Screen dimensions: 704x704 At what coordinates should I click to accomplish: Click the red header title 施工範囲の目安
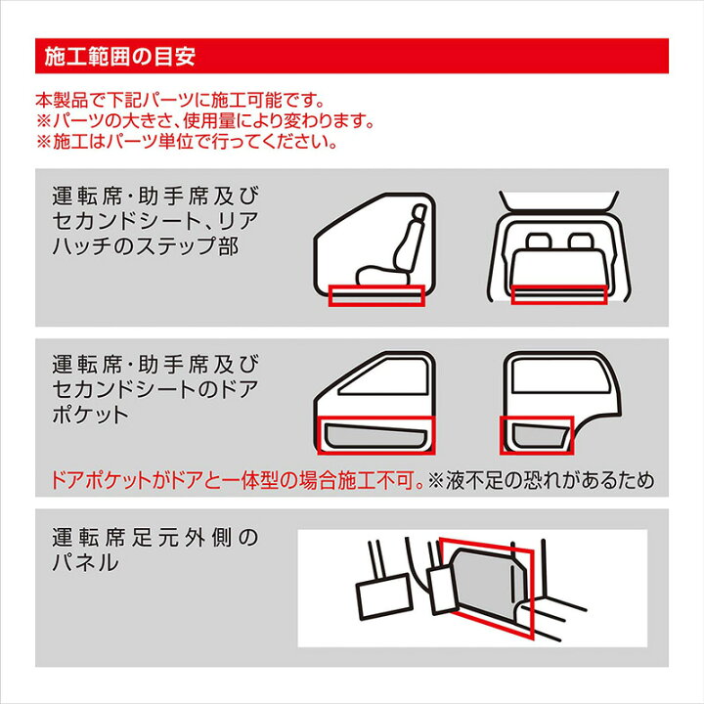click(120, 57)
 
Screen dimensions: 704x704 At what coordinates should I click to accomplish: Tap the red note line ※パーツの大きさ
click(205, 121)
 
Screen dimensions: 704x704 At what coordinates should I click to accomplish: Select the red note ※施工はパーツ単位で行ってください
click(186, 142)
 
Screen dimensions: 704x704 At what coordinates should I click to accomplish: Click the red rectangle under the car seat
click(376, 295)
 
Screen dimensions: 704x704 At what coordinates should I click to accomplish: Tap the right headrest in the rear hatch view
click(580, 241)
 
